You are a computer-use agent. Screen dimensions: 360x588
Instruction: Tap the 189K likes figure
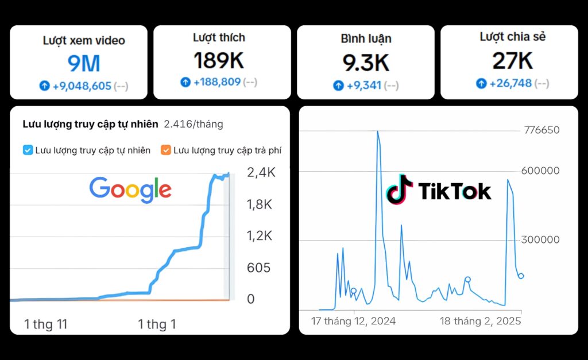click(x=219, y=60)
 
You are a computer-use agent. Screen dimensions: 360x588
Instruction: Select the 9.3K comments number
click(x=366, y=63)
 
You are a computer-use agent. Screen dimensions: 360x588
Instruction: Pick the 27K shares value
click(x=512, y=60)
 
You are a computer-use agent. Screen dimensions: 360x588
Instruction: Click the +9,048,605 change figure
click(x=82, y=86)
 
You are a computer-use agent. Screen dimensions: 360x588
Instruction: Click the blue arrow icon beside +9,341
click(x=338, y=86)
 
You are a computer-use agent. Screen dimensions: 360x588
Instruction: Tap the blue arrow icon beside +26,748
click(x=481, y=83)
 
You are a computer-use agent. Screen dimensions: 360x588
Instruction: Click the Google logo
click(x=130, y=189)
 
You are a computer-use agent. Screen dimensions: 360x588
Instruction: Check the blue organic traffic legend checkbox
click(x=28, y=150)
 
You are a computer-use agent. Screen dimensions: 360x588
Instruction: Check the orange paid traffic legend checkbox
click(x=166, y=150)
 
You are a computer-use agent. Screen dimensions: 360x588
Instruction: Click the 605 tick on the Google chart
click(x=258, y=268)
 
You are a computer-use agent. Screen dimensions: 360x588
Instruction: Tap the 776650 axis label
click(x=541, y=130)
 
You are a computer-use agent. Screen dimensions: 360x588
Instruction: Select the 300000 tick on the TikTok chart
click(x=540, y=240)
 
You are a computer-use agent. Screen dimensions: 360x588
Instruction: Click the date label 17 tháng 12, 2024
click(x=354, y=321)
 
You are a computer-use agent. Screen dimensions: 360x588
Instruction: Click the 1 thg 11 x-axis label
click(x=46, y=324)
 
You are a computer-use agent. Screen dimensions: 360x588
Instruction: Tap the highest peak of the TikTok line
click(x=377, y=131)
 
